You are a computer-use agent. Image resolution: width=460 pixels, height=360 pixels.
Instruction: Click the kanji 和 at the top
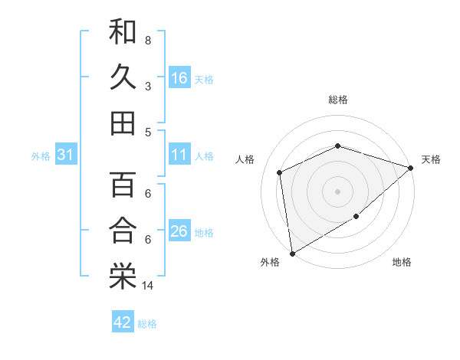pos(123,31)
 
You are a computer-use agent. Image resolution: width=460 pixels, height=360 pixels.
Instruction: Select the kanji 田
pos(123,123)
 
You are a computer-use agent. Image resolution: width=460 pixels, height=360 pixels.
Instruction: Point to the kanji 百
pos(123,185)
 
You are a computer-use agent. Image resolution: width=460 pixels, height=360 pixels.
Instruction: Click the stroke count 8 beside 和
pos(147,40)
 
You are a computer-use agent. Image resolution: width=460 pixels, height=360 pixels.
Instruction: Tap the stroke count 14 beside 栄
pos(149,286)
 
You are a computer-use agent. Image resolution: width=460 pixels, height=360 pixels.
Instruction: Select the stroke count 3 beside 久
pos(147,86)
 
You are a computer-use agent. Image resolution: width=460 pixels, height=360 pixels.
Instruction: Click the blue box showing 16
pos(179,78)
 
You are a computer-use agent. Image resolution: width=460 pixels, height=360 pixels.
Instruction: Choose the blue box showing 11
pos(179,155)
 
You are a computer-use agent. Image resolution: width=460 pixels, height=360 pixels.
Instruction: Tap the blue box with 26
pos(179,232)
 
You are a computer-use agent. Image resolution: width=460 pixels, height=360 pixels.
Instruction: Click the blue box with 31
pos(66,155)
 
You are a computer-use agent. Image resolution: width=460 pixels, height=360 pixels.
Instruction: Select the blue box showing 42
pos(123,322)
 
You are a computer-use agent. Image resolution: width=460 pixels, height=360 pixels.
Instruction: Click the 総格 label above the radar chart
pos(338,100)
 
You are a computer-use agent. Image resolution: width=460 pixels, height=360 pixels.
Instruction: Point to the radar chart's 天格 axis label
pos(431,159)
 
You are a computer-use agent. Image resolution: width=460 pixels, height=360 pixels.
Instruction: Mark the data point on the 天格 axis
pos(411,168)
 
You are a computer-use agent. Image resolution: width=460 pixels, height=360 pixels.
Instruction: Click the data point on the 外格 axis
pos(292,253)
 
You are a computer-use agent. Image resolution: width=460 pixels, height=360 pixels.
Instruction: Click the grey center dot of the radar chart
pos(338,191)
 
